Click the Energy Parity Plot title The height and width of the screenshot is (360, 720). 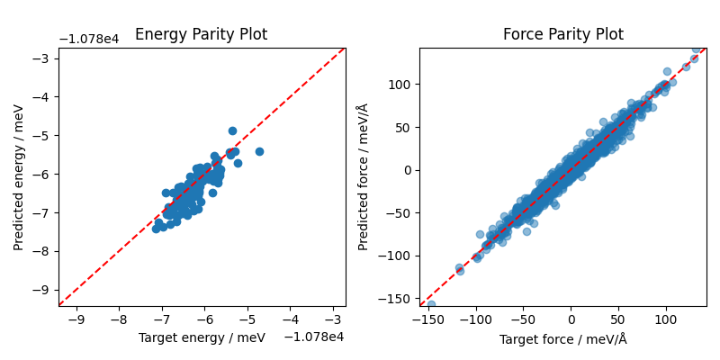201,35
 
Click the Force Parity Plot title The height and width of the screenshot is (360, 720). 562,35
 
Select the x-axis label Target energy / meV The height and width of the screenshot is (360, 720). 202,337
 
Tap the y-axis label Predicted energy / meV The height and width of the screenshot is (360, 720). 19,177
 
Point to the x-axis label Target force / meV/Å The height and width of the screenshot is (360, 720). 562,339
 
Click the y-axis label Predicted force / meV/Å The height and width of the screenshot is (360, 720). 363,177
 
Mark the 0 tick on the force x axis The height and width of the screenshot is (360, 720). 571,319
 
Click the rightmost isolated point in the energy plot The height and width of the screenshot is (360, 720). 259,151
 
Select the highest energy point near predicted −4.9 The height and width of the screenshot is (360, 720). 232,130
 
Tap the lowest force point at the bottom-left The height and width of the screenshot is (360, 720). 431,304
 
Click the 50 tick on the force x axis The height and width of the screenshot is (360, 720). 618,319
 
